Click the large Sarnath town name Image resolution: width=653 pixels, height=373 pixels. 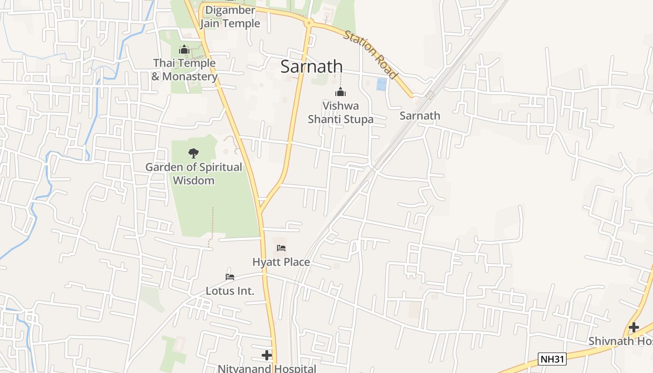click(x=312, y=67)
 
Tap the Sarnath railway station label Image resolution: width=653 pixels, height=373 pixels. click(x=420, y=116)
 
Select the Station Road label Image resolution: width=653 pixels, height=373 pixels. click(x=371, y=55)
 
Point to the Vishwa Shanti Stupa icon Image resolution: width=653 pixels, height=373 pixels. click(x=340, y=92)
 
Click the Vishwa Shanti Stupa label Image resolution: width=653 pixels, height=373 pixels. click(x=340, y=113)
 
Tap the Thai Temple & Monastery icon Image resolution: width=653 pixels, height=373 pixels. click(x=184, y=49)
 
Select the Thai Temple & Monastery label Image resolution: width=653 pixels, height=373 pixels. click(x=185, y=70)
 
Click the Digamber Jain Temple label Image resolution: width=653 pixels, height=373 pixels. click(x=230, y=17)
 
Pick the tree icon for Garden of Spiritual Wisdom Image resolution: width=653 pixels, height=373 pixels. click(x=193, y=153)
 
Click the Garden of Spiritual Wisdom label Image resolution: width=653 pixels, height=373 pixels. click(x=194, y=173)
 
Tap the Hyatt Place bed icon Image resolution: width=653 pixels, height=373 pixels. click(x=281, y=248)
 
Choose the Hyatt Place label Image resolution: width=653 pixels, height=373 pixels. click(x=281, y=262)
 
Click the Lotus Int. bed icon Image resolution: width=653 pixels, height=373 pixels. click(x=230, y=276)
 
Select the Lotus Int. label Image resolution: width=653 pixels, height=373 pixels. click(x=230, y=291)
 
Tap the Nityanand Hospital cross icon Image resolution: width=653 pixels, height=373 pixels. click(x=267, y=355)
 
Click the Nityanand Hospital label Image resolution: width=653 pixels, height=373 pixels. click(x=267, y=368)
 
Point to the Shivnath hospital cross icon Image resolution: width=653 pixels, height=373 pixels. click(x=633, y=327)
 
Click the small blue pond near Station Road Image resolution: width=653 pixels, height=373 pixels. click(x=382, y=84)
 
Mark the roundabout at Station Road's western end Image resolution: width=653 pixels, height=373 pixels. click(x=308, y=22)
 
